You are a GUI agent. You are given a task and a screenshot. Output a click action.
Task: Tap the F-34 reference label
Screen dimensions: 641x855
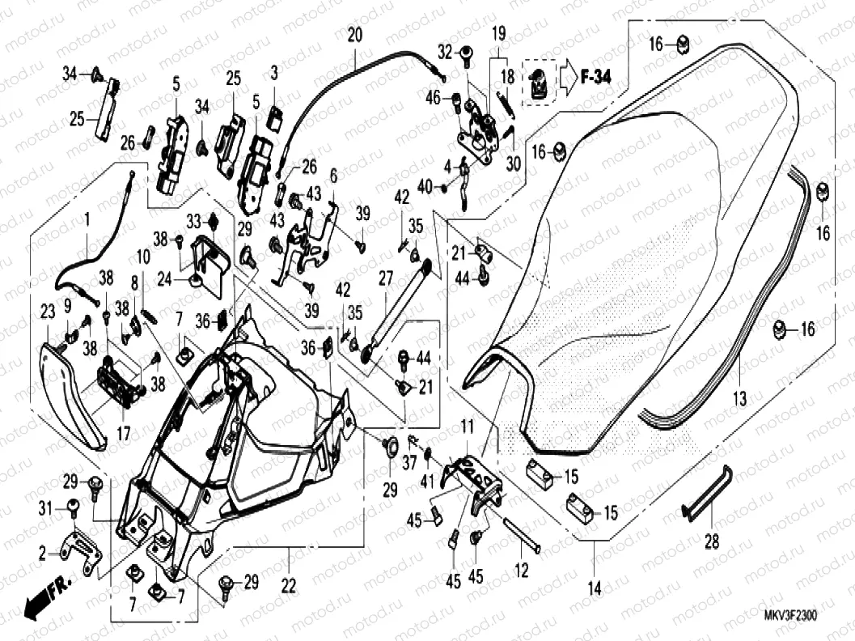595,78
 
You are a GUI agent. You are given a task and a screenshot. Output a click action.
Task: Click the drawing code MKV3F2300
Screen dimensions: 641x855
790,616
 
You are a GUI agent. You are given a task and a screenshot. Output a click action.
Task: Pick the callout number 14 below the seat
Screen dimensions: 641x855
595,588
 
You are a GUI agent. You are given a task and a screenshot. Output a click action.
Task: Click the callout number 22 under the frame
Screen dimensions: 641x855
288,587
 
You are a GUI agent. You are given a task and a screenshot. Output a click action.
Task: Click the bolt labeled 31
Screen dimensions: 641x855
73,507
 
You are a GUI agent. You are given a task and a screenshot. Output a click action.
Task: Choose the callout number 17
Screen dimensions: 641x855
123,434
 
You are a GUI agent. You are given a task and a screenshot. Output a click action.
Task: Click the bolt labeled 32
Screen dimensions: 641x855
467,54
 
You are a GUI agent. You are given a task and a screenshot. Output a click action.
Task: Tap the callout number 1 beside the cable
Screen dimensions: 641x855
87,219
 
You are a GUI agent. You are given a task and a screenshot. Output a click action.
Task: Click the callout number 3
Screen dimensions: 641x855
273,73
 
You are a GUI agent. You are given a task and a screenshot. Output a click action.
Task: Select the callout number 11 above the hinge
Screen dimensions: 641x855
467,426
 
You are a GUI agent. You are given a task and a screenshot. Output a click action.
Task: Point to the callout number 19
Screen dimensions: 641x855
498,34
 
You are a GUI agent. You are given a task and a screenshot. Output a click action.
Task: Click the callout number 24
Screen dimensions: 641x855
164,279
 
